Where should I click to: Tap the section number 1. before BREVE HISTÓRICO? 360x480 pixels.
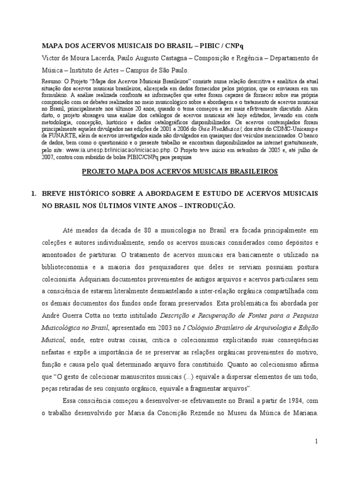pyautogui.click(x=45, y=194)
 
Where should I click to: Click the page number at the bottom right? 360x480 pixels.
pyautogui.click(x=316, y=441)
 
